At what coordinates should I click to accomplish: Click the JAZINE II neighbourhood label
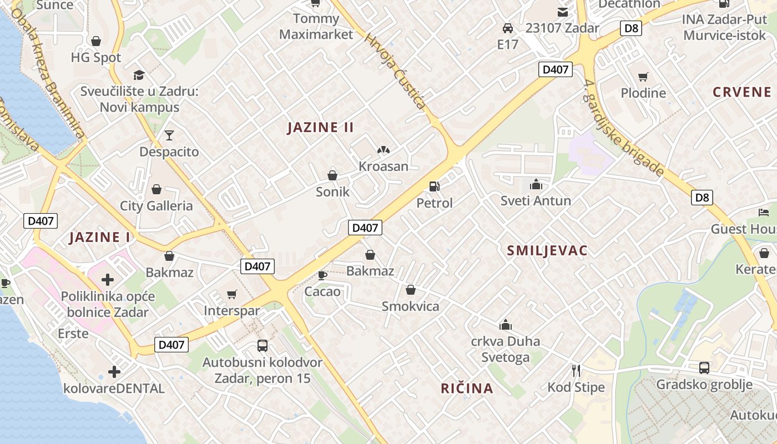pyautogui.click(x=320, y=128)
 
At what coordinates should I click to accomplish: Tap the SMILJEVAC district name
pyautogui.click(x=547, y=251)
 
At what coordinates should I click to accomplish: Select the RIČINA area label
pyautogui.click(x=467, y=388)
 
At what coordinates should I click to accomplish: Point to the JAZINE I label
pyautogui.click(x=99, y=238)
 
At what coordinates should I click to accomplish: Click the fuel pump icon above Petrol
pyautogui.click(x=434, y=187)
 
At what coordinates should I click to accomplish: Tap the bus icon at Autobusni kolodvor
pyautogui.click(x=263, y=346)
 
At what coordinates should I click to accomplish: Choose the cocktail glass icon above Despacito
pyautogui.click(x=169, y=135)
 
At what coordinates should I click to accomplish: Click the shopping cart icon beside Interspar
pyautogui.click(x=232, y=294)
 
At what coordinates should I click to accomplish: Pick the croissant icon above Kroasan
pyautogui.click(x=383, y=150)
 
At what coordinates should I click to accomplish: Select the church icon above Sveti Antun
pyautogui.click(x=536, y=184)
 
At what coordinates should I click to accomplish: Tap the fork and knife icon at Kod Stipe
pyautogui.click(x=576, y=370)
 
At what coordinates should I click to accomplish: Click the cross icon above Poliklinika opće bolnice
pyautogui.click(x=108, y=279)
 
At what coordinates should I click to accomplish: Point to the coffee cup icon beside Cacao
pyautogui.click(x=322, y=275)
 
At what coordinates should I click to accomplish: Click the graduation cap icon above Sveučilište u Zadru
pyautogui.click(x=139, y=75)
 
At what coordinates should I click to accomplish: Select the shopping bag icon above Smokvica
pyautogui.click(x=411, y=290)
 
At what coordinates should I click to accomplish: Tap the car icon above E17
pyautogui.click(x=507, y=28)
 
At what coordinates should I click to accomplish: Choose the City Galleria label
pyautogui.click(x=157, y=206)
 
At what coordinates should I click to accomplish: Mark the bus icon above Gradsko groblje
pyautogui.click(x=704, y=367)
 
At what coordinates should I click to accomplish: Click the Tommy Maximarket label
pyautogui.click(x=316, y=26)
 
